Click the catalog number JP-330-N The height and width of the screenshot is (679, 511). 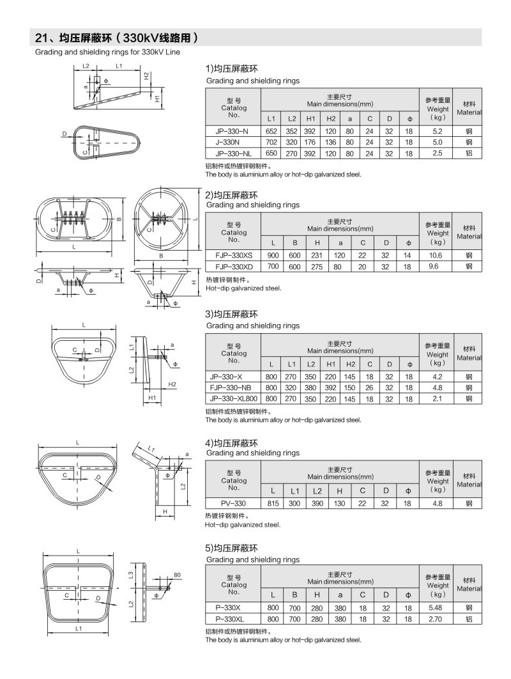click(233, 130)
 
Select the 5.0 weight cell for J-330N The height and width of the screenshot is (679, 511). click(438, 142)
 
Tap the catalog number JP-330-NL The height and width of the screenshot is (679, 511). click(233, 153)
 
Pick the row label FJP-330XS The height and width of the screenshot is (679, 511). click(233, 255)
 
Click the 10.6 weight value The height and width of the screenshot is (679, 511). click(438, 255)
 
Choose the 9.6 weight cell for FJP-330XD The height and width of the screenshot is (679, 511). click(438, 266)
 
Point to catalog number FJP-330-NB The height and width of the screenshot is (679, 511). click(233, 387)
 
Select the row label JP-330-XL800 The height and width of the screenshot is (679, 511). click(233, 398)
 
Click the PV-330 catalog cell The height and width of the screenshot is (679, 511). click(233, 503)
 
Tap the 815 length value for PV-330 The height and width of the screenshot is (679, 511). click(272, 503)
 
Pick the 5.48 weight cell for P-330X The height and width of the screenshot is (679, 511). click(438, 607)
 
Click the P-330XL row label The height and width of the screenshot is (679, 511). click(233, 619)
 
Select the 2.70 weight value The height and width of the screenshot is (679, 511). click(438, 619)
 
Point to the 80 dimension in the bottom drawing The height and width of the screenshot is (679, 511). click(178, 575)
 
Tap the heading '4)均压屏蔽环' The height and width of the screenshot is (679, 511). click(231, 442)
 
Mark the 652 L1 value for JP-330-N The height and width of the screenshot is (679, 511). click(271, 130)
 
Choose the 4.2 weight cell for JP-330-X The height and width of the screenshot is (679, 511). click(438, 377)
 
